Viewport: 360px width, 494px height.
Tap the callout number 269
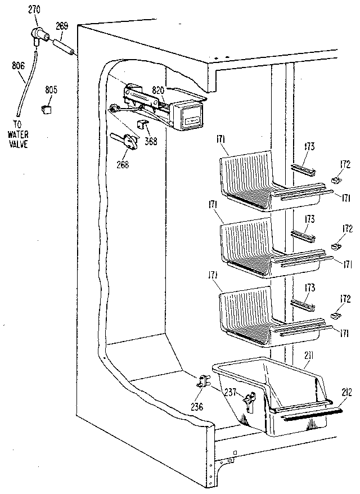coord(62,25)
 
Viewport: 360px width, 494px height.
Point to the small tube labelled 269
coord(63,46)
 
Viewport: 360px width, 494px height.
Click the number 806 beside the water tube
coord(17,66)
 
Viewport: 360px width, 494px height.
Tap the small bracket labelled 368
coord(141,124)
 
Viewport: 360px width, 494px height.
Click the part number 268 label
coord(122,164)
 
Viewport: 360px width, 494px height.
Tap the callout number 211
coord(307,354)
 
